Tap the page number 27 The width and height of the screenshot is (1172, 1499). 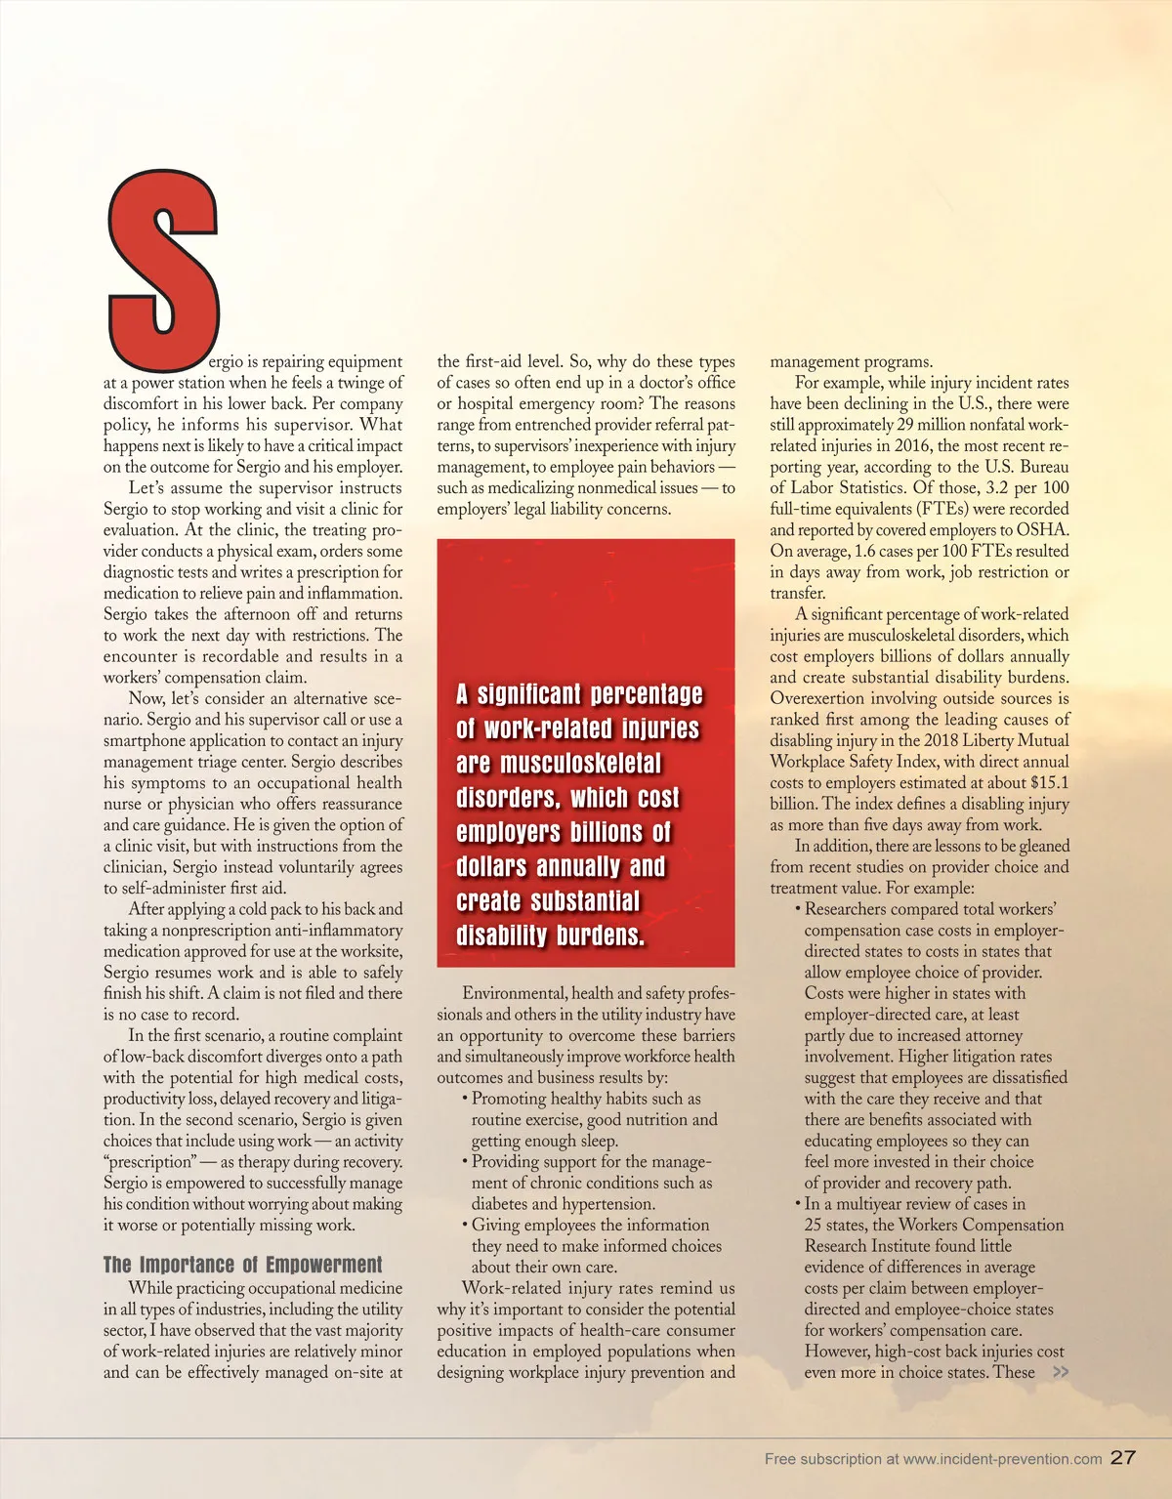[x=1124, y=1457]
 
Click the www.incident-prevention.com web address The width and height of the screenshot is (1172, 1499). [x=1002, y=1459]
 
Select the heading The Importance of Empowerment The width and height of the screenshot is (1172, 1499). [x=243, y=1266]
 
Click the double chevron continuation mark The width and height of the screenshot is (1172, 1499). [x=1060, y=1372]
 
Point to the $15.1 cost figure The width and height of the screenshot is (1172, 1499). [x=1049, y=783]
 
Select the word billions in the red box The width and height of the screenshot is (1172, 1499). [x=607, y=833]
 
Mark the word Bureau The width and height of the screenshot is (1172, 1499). [x=1044, y=467]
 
